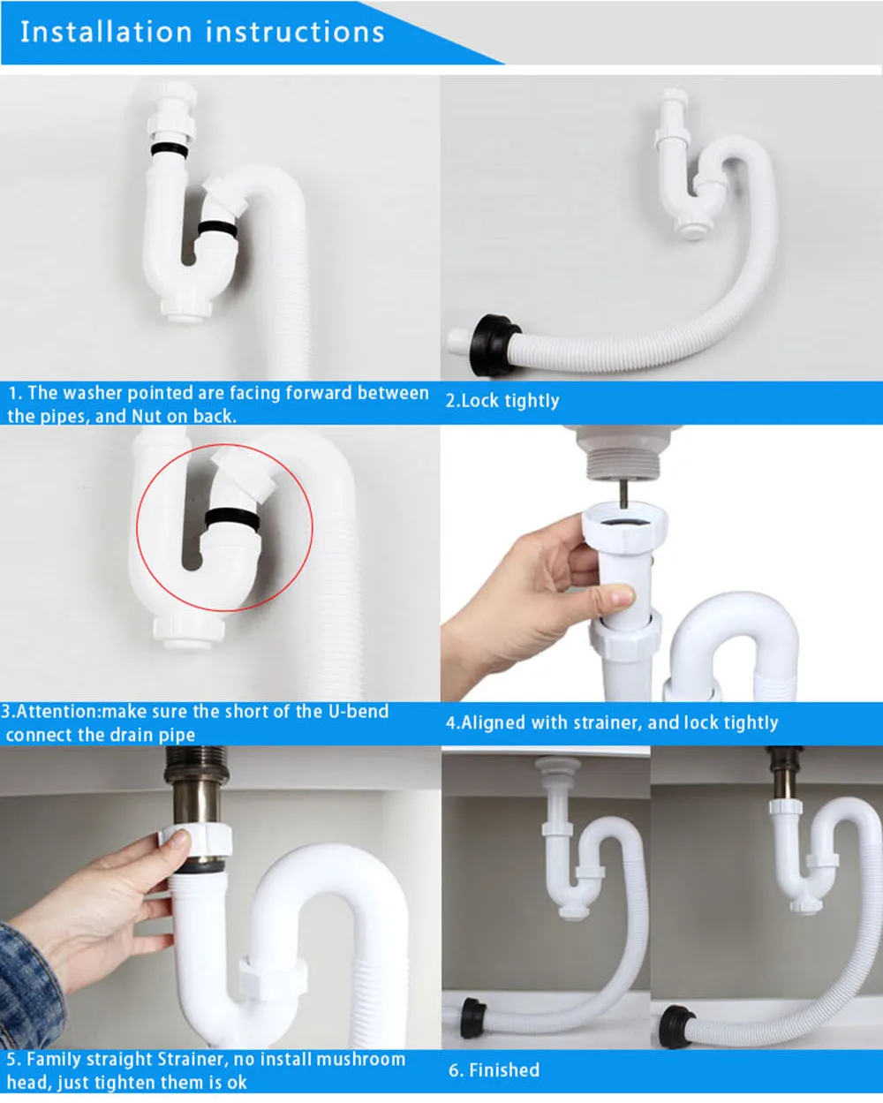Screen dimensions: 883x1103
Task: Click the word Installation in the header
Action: tap(106, 32)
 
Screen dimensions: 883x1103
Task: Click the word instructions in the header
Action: tap(295, 32)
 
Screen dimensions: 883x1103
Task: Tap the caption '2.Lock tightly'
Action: tap(502, 401)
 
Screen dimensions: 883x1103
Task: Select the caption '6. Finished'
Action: tap(494, 1070)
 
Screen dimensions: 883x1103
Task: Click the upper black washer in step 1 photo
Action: tap(170, 149)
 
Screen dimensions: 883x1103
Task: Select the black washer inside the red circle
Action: tap(232, 518)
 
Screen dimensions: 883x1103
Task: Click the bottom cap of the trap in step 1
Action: tap(185, 310)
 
